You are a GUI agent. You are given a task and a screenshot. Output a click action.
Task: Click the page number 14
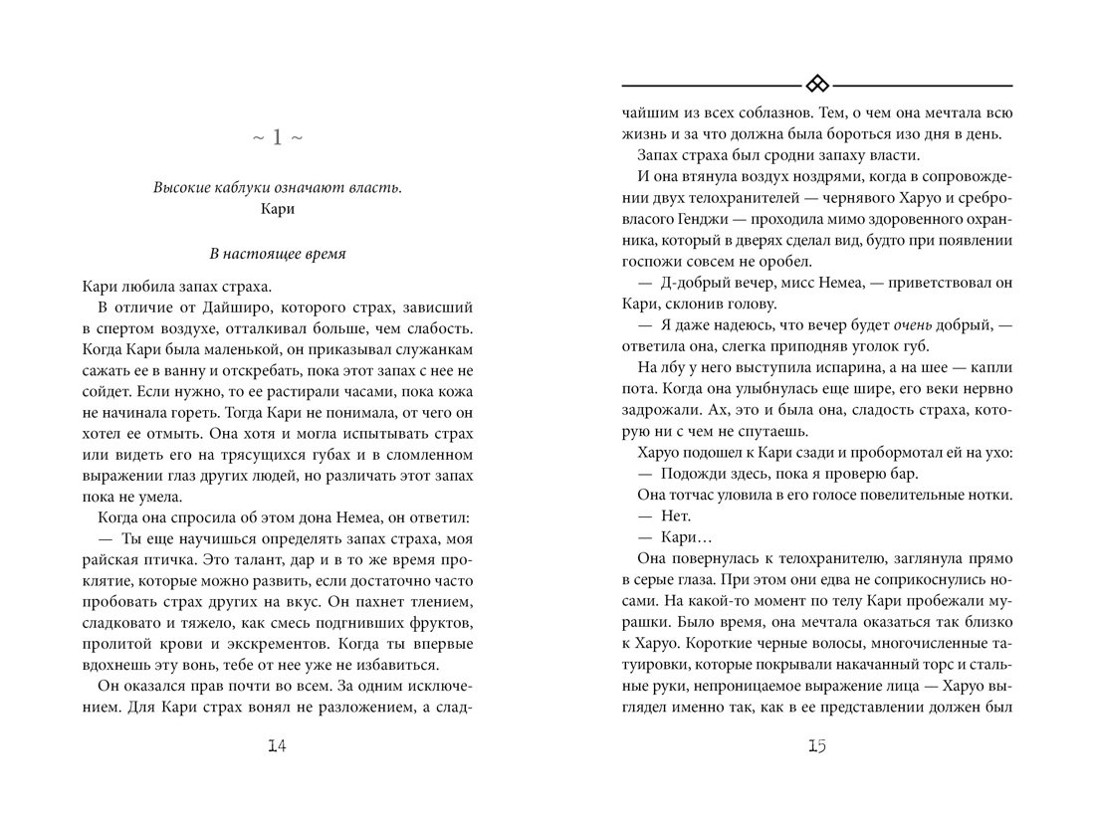(x=278, y=748)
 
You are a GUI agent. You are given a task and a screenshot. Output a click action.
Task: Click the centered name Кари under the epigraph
(x=279, y=210)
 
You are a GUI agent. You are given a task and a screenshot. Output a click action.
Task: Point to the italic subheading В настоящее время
(x=279, y=254)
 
